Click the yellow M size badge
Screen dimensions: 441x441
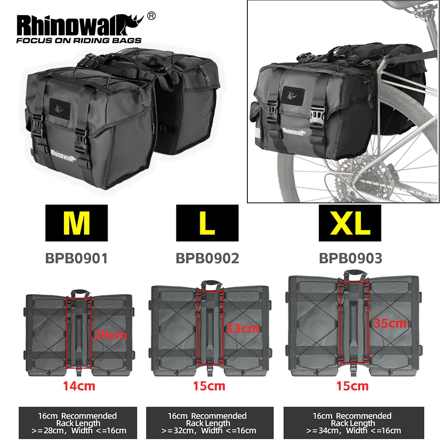point(76,223)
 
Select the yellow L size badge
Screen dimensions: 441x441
point(207,223)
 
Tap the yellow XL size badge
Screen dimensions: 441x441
point(351,223)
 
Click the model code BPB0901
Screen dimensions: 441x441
point(76,258)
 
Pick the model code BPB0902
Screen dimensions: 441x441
point(207,258)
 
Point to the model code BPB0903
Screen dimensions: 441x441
point(351,258)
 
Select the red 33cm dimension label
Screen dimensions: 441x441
point(242,329)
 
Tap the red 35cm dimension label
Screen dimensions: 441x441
point(390,323)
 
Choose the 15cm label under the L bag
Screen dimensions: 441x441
point(209,386)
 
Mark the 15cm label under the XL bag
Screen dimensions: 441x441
point(352,386)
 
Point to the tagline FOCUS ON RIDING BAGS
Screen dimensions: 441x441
point(78,41)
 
